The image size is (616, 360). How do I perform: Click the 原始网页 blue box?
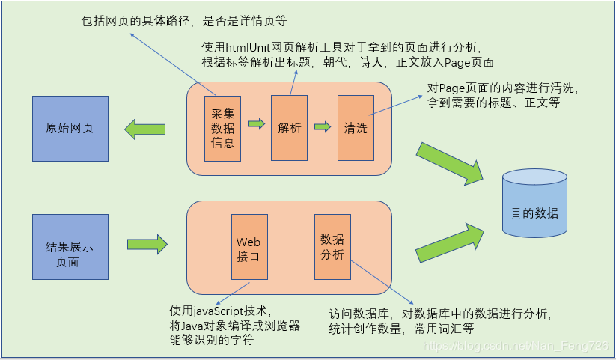(70, 129)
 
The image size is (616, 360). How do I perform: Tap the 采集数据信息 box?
(223, 128)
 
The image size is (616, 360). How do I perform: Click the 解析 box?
(290, 128)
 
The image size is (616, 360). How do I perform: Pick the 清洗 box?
(356, 128)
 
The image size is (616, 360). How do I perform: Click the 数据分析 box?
(332, 247)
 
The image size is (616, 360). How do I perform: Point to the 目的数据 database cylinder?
(534, 213)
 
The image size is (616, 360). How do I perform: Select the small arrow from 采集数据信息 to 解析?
(257, 124)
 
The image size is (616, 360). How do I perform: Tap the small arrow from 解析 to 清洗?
(323, 126)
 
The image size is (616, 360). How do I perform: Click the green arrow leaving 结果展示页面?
(147, 243)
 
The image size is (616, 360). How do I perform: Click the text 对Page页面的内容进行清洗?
(502, 88)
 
